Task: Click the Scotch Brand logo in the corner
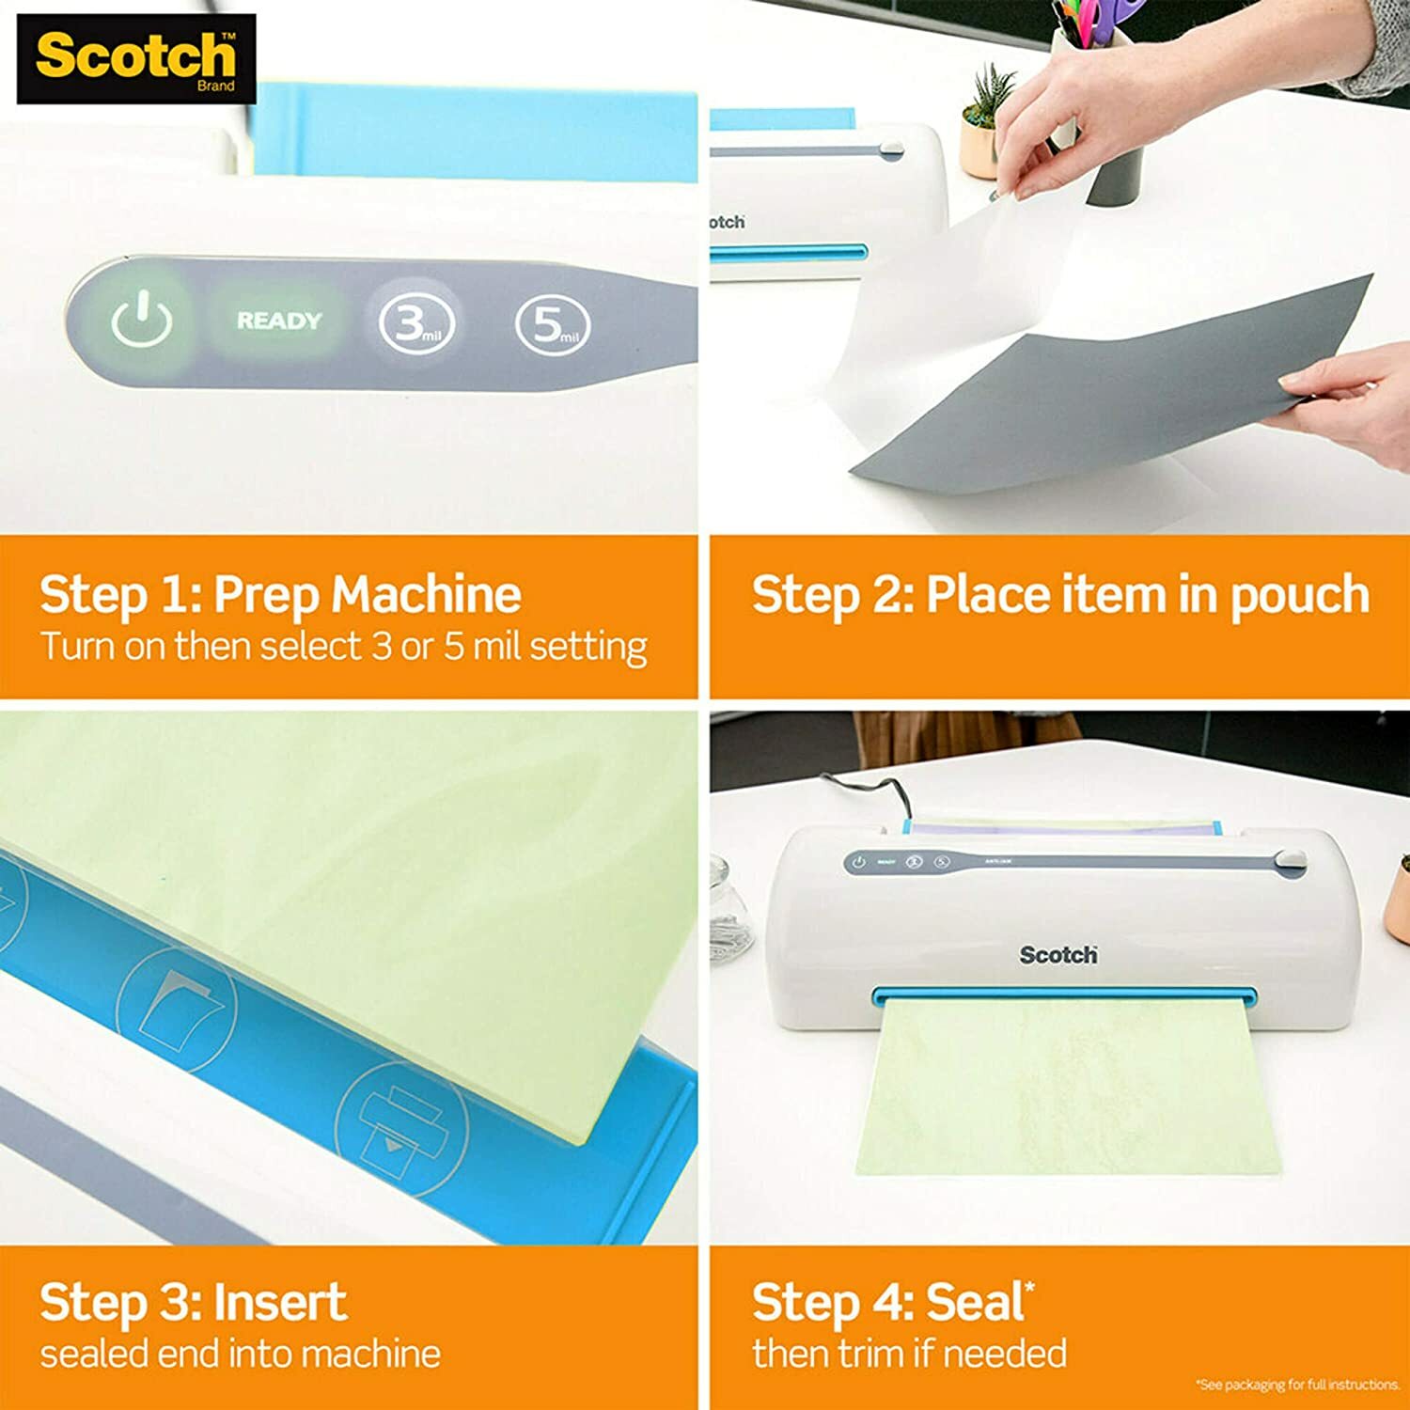point(136,58)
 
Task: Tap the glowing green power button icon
point(141,320)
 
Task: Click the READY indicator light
point(278,321)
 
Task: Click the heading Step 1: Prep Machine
point(280,594)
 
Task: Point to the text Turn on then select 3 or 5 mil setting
point(343,647)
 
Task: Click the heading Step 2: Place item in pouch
point(1059,594)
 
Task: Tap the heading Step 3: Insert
point(193,1302)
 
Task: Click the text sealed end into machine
point(240,1354)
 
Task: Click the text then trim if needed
point(909,1354)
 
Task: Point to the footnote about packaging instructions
point(1297,1385)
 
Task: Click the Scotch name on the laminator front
point(1058,955)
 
